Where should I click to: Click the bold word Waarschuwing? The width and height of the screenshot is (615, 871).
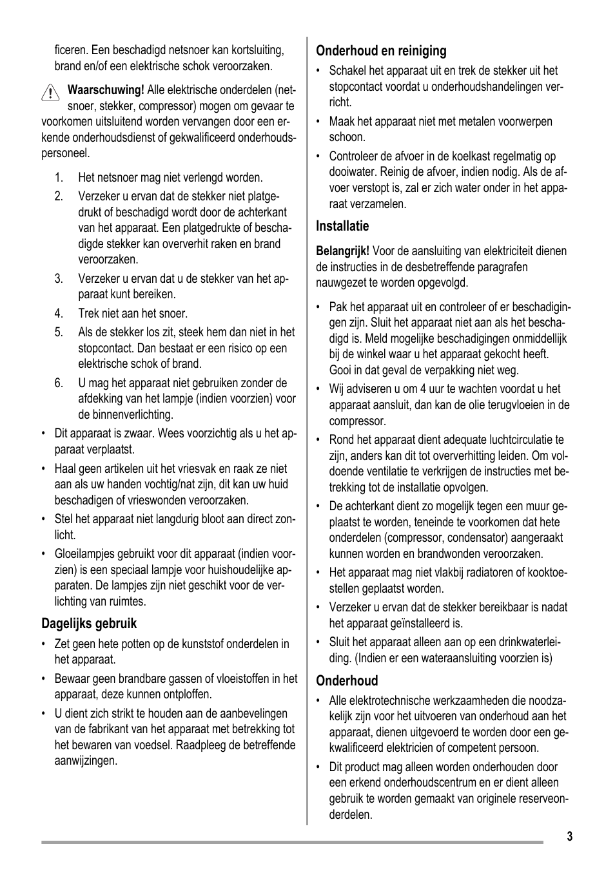pos(106,90)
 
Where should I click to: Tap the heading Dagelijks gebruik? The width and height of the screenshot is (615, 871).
pos(89,624)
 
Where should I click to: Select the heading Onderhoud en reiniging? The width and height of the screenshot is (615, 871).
pos(381,51)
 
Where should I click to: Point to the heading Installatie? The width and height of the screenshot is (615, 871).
pos(342,226)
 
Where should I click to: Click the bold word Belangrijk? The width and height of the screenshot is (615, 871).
pos(342,251)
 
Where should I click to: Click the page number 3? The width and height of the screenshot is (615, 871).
pos(569,837)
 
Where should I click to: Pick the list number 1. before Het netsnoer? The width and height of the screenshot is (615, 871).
pos(59,178)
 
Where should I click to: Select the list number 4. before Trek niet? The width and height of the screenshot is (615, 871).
pos(59,314)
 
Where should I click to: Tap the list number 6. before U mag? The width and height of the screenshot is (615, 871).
pos(59,383)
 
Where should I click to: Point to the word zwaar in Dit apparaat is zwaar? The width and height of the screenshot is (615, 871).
pos(141,434)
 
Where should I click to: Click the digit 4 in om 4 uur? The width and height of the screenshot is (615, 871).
pos(423,389)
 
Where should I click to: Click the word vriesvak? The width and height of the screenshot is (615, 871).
pos(184,469)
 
